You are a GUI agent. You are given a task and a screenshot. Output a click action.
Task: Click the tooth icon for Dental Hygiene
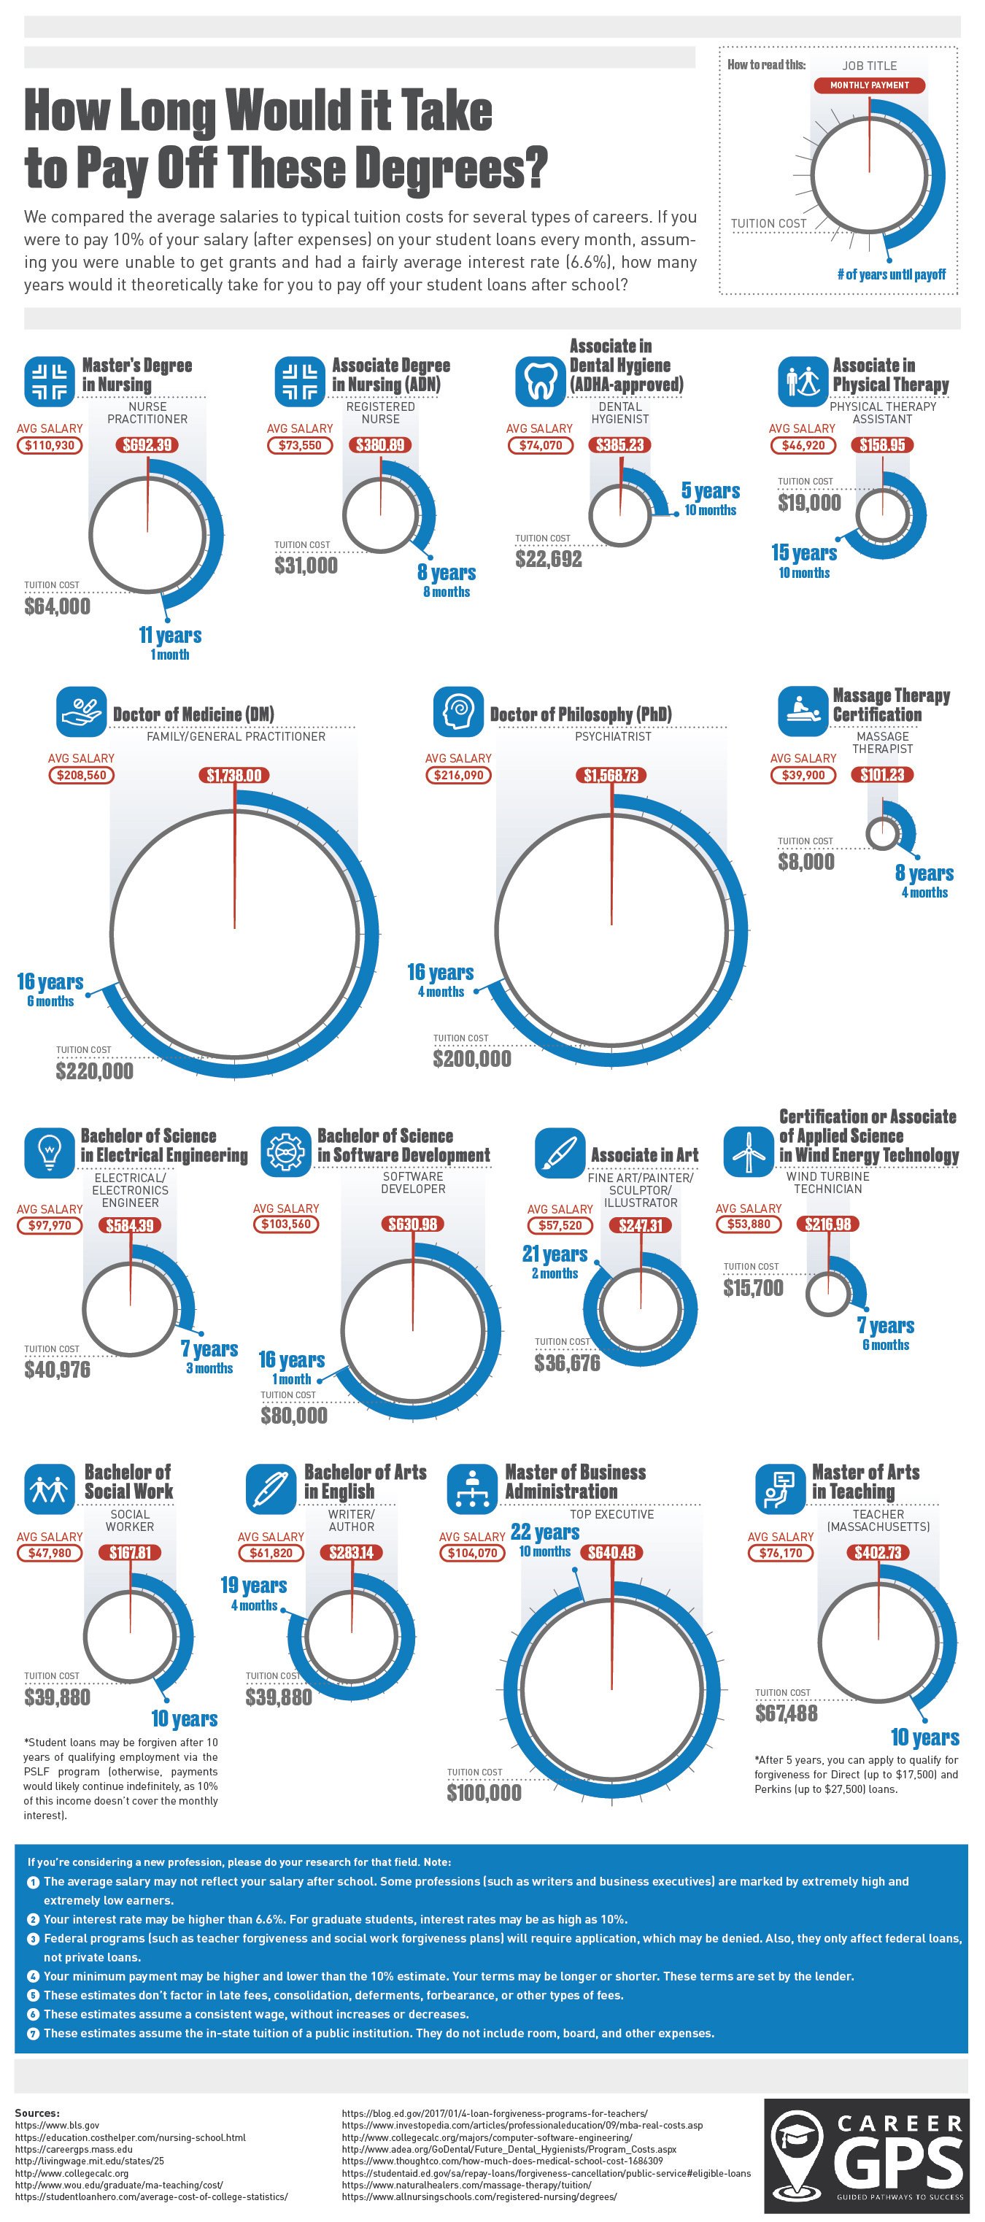pyautogui.click(x=541, y=380)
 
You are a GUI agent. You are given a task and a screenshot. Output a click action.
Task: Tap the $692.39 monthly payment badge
pyautogui.click(x=147, y=445)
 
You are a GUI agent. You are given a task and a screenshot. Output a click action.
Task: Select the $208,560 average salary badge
pyautogui.click(x=81, y=774)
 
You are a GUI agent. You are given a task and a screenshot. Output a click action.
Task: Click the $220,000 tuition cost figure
pyautogui.click(x=95, y=1071)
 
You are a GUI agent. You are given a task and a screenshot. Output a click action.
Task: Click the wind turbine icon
pyautogui.click(x=748, y=1151)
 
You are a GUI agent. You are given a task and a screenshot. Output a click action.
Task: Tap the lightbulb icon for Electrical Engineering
pyautogui.click(x=50, y=1151)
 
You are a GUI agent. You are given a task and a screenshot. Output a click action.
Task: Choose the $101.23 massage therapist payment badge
pyautogui.click(x=882, y=774)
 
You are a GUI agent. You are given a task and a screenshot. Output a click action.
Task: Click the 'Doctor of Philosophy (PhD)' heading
pyautogui.click(x=581, y=714)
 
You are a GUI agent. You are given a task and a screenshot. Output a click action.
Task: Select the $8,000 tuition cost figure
pyautogui.click(x=806, y=862)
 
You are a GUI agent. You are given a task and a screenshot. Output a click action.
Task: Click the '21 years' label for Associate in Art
pyautogui.click(x=555, y=1254)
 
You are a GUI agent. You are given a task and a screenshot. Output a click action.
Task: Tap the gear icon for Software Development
pyautogui.click(x=285, y=1151)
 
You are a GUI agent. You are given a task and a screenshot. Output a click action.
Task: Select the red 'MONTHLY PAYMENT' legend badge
pyautogui.click(x=870, y=85)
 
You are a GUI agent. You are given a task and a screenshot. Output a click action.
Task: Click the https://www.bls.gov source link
pyautogui.click(x=57, y=2126)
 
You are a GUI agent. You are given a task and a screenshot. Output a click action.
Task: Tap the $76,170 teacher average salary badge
pyautogui.click(x=781, y=1553)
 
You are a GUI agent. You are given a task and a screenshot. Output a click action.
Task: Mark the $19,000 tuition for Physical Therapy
pyautogui.click(x=809, y=503)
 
